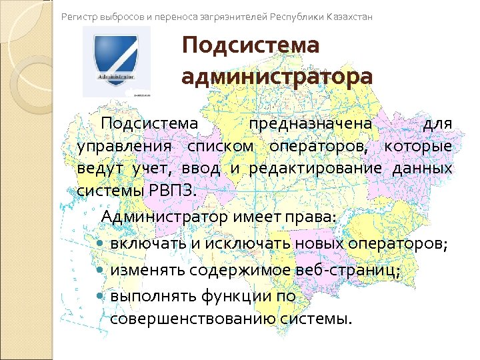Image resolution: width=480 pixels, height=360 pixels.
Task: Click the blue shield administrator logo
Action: click(117, 61)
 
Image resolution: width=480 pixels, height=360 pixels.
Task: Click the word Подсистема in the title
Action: click(251, 47)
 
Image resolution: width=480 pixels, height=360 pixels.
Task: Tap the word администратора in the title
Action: click(277, 77)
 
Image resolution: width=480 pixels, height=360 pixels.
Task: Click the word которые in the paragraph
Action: click(419, 146)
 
